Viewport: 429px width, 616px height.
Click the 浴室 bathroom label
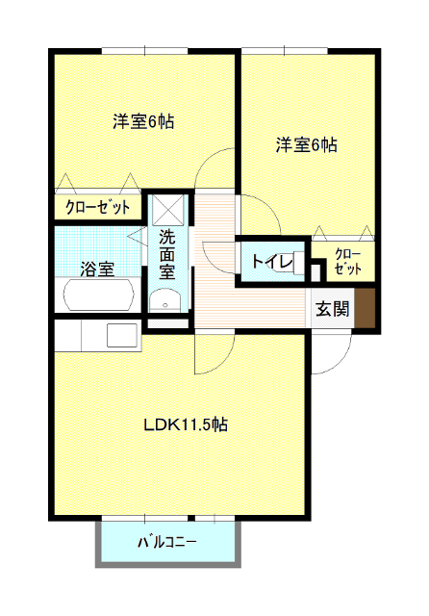click(97, 269)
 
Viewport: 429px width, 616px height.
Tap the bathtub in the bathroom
click(98, 295)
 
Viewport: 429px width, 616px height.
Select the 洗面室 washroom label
click(166, 254)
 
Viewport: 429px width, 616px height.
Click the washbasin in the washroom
click(164, 301)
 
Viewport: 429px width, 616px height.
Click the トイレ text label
click(272, 262)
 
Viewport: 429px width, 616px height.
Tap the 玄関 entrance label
click(333, 308)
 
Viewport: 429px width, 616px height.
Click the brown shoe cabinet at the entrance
click(365, 308)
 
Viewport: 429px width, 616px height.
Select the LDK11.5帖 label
click(186, 424)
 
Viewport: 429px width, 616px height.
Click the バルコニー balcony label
click(166, 543)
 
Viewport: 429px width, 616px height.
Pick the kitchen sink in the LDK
click(122, 336)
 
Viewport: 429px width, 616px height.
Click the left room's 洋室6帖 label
click(143, 121)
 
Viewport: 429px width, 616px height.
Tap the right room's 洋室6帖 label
click(307, 144)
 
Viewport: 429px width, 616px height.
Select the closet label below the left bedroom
click(98, 207)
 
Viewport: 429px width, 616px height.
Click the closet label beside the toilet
click(348, 261)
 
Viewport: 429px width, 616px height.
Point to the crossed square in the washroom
click(168, 210)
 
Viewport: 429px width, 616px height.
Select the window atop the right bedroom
click(285, 51)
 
